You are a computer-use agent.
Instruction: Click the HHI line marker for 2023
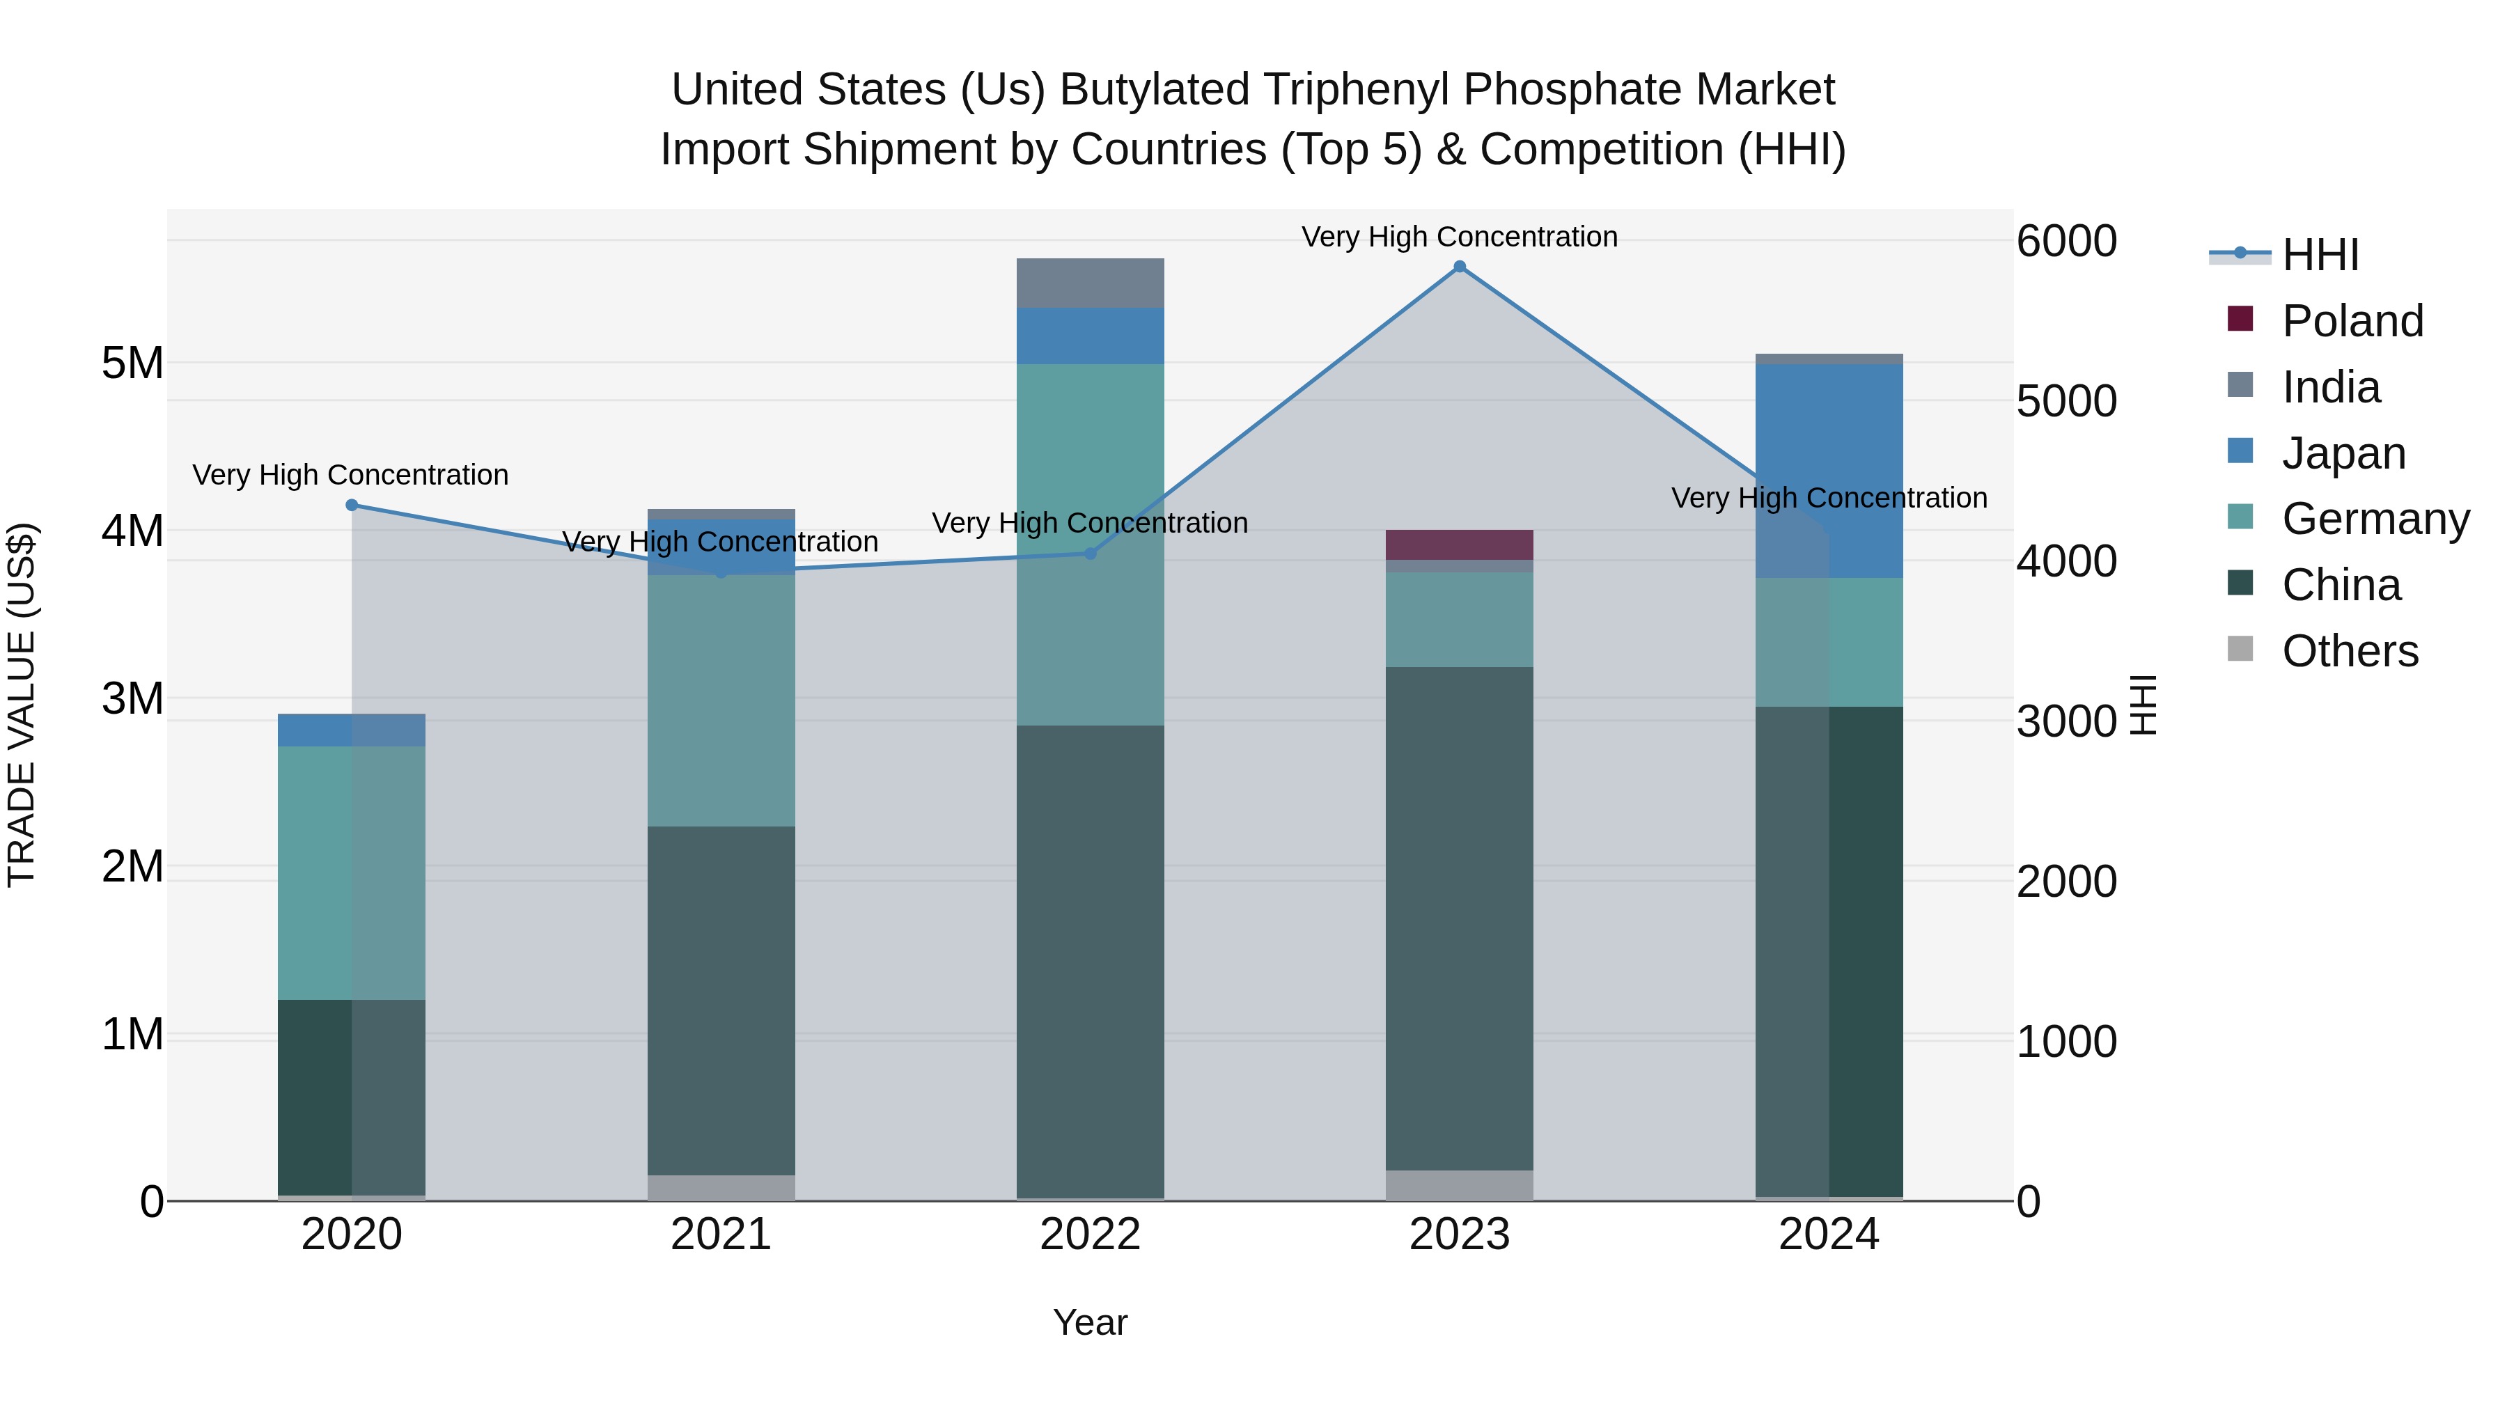[1459, 267]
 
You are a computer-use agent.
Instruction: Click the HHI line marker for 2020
[352, 505]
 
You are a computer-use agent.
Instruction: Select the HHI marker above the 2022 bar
[1090, 554]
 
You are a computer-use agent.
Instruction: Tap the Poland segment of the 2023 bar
[1459, 545]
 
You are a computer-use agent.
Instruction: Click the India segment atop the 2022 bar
[1090, 283]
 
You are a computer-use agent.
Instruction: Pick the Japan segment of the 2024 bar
[1829, 471]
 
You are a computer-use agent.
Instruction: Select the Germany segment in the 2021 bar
[721, 700]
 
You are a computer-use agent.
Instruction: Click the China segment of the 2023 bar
[1459, 918]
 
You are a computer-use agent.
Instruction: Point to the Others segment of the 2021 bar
[721, 1187]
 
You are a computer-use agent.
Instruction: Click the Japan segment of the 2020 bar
[352, 730]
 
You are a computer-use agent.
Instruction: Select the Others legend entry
[2350, 651]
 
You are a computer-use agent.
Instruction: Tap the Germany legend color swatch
[2240, 517]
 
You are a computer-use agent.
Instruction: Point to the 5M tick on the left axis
[132, 363]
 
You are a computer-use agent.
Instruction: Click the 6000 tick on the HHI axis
[2066, 242]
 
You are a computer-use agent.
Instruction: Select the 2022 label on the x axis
[1090, 1235]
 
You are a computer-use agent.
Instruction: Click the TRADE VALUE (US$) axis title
[22, 705]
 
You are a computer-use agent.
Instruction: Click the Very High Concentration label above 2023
[1459, 237]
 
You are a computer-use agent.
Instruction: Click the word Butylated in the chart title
[1156, 90]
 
